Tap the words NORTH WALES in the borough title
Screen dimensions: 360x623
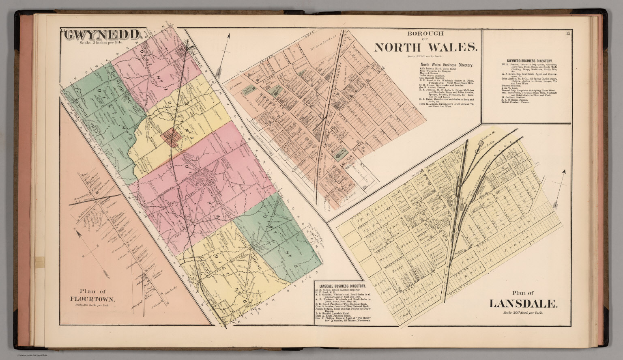point(425,47)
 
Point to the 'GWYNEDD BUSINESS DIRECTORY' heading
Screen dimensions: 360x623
point(526,61)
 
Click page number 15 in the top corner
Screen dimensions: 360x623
point(567,33)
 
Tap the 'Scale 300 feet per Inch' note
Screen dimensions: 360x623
point(522,313)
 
